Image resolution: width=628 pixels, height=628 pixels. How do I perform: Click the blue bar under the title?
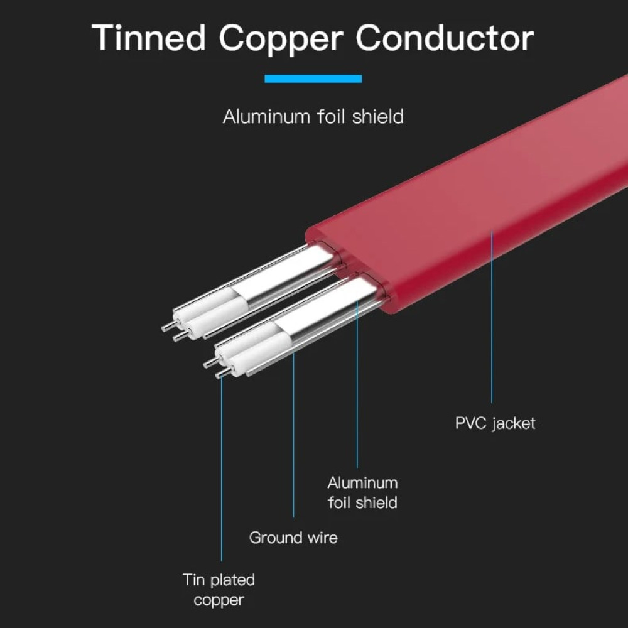pos(313,78)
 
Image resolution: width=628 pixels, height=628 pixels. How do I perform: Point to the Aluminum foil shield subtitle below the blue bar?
pos(313,117)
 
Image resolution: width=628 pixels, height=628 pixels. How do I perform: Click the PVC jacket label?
pos(495,423)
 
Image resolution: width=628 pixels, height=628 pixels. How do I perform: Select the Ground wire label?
pos(293,538)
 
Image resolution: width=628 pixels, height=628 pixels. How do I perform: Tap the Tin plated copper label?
pos(219,589)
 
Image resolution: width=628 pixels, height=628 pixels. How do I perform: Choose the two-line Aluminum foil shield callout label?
pos(362,492)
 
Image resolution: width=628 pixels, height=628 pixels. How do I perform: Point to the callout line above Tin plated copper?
pos(221,471)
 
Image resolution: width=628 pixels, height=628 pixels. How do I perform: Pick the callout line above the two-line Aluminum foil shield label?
pos(357,389)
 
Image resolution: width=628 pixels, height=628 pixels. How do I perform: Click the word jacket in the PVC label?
pos(514,423)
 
